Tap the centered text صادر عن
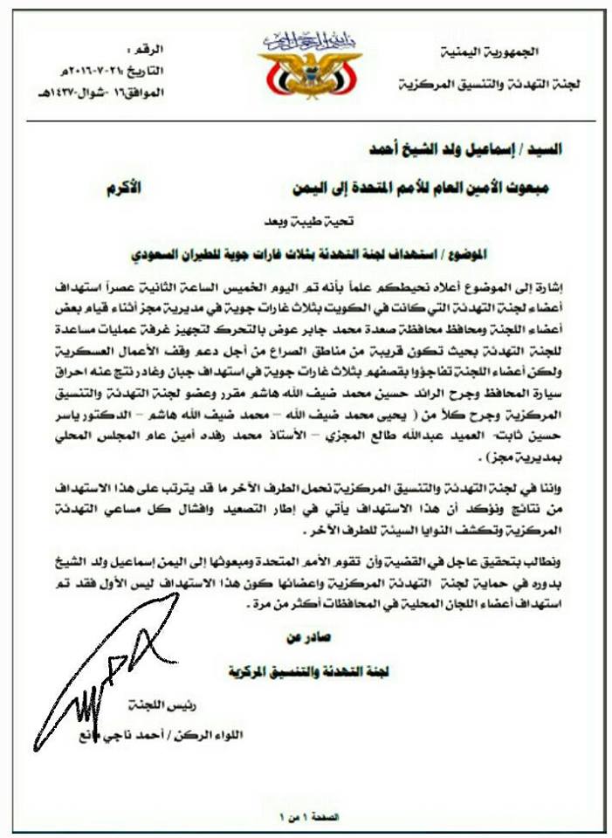(x=302, y=641)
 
